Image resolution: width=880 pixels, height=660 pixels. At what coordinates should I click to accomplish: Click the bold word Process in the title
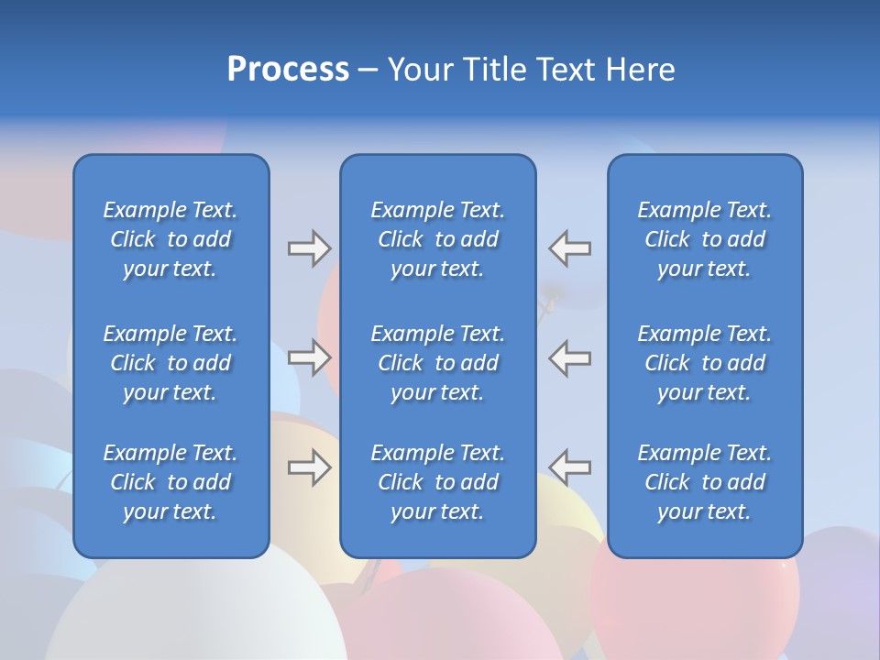(x=288, y=70)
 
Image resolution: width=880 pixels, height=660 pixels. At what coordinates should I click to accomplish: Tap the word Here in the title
(x=640, y=70)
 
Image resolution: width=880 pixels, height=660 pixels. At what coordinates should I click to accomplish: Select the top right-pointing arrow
(x=309, y=248)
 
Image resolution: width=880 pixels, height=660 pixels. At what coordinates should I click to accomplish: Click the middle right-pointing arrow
(x=309, y=357)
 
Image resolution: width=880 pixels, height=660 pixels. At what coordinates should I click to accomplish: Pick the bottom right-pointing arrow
(x=309, y=467)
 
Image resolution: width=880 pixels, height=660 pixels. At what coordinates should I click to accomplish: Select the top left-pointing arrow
(x=569, y=248)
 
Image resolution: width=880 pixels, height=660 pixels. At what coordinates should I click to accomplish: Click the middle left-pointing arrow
(x=569, y=357)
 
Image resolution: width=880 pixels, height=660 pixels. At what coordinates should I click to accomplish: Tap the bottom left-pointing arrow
(x=569, y=467)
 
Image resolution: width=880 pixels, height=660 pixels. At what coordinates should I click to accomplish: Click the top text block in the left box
(x=170, y=239)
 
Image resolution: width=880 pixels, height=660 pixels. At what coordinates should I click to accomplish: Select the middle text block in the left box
(x=170, y=363)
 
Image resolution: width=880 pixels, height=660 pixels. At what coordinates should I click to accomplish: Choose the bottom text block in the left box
(x=170, y=482)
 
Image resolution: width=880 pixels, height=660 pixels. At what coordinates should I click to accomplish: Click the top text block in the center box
(x=437, y=239)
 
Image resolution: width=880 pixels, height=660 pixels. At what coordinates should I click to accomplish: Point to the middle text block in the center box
(x=437, y=363)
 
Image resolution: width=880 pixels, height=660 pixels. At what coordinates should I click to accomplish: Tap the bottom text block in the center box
(x=437, y=482)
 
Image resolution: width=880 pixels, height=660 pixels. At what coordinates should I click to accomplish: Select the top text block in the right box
(x=704, y=239)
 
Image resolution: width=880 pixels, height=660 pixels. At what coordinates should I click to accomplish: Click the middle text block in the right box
(x=704, y=363)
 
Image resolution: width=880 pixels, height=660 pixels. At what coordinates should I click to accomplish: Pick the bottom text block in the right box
(x=704, y=482)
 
